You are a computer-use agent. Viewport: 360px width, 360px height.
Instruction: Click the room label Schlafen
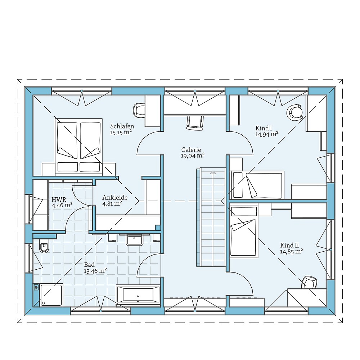[x=122, y=126]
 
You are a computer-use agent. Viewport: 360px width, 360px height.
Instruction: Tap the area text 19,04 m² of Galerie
[x=193, y=156]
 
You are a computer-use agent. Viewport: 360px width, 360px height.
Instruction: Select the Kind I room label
[x=264, y=128]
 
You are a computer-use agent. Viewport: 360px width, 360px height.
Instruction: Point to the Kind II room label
[x=289, y=246]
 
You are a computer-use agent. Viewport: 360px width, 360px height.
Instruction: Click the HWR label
[x=59, y=199]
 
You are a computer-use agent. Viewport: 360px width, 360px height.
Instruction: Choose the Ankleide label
[x=115, y=197]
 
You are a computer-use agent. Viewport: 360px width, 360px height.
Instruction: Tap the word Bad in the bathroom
[x=89, y=265]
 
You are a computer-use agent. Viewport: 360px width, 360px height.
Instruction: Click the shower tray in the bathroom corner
[x=51, y=295]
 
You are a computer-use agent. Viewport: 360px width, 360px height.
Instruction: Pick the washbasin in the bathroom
[x=134, y=240]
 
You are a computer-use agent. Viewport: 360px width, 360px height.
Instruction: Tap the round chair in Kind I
[x=294, y=112]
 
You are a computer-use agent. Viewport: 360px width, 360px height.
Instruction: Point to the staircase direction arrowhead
[x=213, y=173]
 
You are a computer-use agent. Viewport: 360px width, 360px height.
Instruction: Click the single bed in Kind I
[x=257, y=185]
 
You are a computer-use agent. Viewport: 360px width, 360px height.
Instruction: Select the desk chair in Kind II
[x=309, y=282]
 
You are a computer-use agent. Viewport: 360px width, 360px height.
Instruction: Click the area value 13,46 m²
[x=95, y=271]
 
